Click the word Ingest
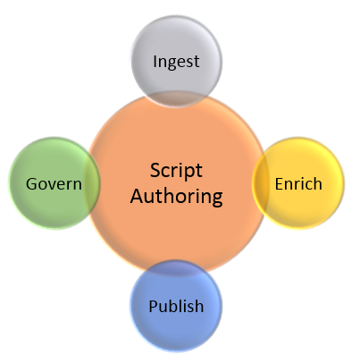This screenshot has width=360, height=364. pyautogui.click(x=176, y=62)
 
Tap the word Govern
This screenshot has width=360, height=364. pyautogui.click(x=54, y=183)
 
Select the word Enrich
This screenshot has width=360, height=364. pyautogui.click(x=298, y=183)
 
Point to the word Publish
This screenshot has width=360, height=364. pyautogui.click(x=176, y=306)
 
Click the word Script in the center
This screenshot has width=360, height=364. pyautogui.click(x=176, y=172)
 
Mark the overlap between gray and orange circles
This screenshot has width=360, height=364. pyautogui.click(x=176, y=99)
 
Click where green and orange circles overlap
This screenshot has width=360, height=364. pyautogui.click(x=93, y=183)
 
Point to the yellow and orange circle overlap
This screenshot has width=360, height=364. pyautogui.click(x=260, y=183)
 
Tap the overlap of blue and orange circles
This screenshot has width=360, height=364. pyautogui.click(x=176, y=267)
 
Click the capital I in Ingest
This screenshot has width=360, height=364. pyautogui.click(x=155, y=61)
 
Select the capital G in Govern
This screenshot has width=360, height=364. pyautogui.click(x=32, y=183)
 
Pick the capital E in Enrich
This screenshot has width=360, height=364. pyautogui.click(x=280, y=183)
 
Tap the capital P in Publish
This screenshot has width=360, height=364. pyautogui.click(x=154, y=306)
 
